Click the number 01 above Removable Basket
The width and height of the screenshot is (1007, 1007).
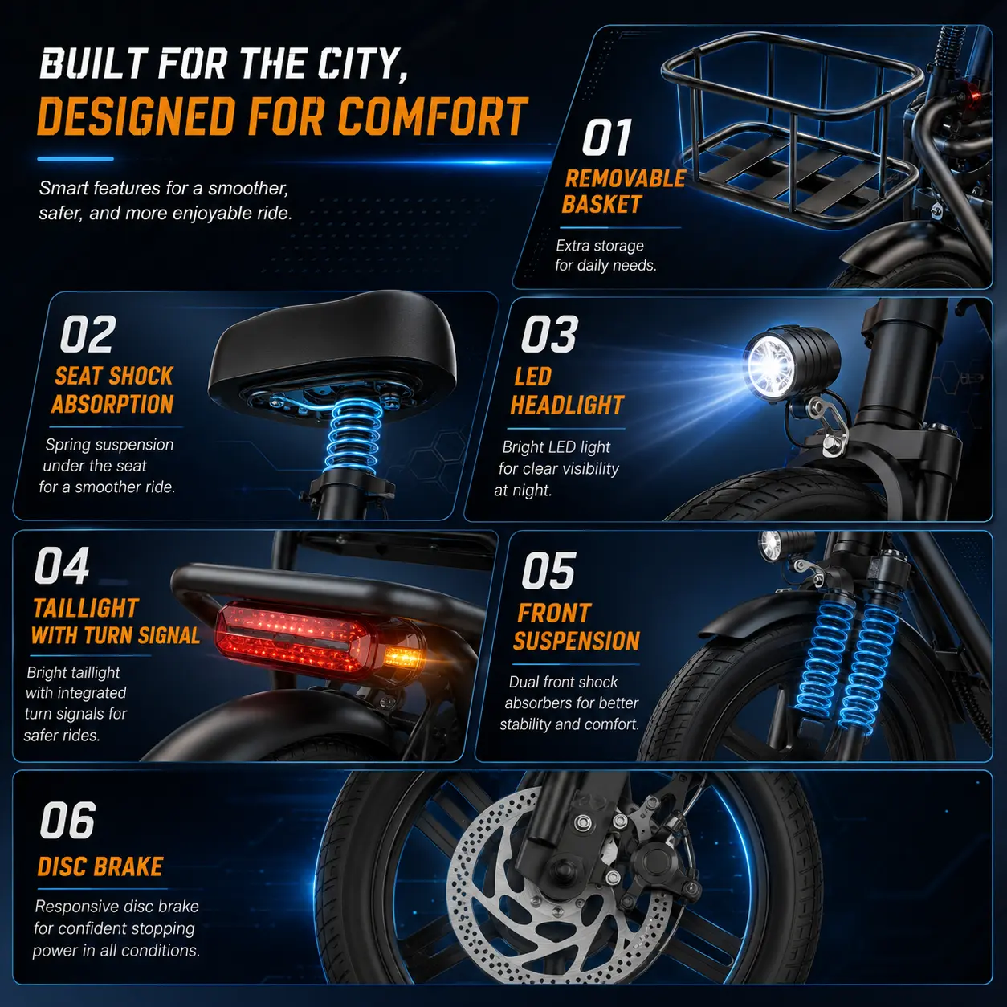click(607, 138)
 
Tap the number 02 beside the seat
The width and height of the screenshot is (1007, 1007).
click(88, 334)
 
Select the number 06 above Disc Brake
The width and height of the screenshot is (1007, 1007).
click(68, 821)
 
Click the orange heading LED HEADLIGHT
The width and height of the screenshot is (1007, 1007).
click(567, 391)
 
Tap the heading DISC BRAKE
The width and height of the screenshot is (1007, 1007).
click(100, 866)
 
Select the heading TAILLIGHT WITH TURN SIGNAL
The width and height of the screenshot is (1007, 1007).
click(116, 622)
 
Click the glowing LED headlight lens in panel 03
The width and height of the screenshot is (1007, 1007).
click(770, 365)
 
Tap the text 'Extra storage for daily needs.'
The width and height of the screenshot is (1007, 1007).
click(605, 255)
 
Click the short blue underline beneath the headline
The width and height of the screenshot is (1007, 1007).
click(75, 159)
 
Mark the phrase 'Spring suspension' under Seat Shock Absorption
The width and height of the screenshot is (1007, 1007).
click(109, 445)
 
